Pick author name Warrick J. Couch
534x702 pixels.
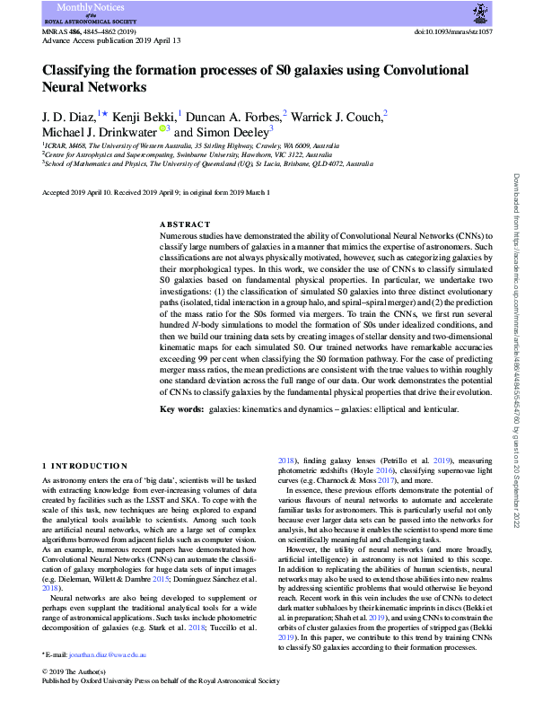[x=337, y=115]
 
